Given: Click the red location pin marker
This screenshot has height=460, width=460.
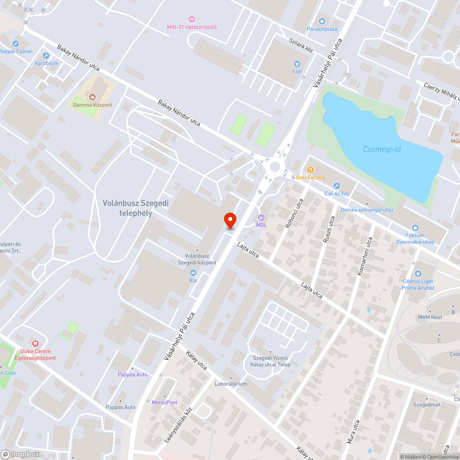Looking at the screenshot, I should [x=230, y=220].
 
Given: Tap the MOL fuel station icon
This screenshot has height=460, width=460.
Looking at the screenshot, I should [x=261, y=217].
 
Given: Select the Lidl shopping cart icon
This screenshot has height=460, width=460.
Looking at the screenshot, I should [x=297, y=64].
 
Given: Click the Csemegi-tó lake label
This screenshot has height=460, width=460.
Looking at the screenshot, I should [x=382, y=149].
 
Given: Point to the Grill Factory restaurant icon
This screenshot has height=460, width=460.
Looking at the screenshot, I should [x=310, y=170].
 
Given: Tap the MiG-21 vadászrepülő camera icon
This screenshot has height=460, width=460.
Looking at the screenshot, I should [x=192, y=19].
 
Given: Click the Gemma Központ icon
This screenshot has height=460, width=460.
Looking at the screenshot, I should [x=92, y=97].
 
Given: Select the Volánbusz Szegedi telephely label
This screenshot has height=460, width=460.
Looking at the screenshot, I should [x=129, y=208].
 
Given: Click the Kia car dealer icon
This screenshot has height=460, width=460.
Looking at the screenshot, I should [x=193, y=272].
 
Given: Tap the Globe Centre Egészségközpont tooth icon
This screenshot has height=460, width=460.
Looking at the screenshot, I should [x=35, y=343].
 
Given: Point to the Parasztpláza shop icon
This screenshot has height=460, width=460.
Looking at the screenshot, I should [x=322, y=21].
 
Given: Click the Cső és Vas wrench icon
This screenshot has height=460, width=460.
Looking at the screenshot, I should [x=336, y=186].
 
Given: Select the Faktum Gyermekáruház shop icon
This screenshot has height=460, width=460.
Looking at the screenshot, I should [x=415, y=227].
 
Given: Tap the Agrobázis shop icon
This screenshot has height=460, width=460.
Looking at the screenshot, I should [x=46, y=55].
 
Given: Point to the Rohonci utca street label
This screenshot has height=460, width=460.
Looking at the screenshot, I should [x=294, y=213].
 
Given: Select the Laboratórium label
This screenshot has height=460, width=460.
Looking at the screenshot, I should [x=231, y=384].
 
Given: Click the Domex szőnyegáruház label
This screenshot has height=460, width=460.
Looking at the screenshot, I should [x=367, y=210].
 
